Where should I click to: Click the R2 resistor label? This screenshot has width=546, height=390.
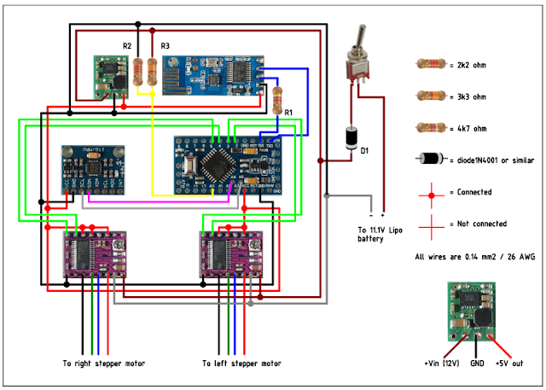click(x=126, y=45)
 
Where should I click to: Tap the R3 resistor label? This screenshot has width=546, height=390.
click(x=165, y=45)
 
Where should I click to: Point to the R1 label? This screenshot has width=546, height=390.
click(x=288, y=112)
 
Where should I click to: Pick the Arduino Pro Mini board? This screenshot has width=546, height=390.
click(x=225, y=162)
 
